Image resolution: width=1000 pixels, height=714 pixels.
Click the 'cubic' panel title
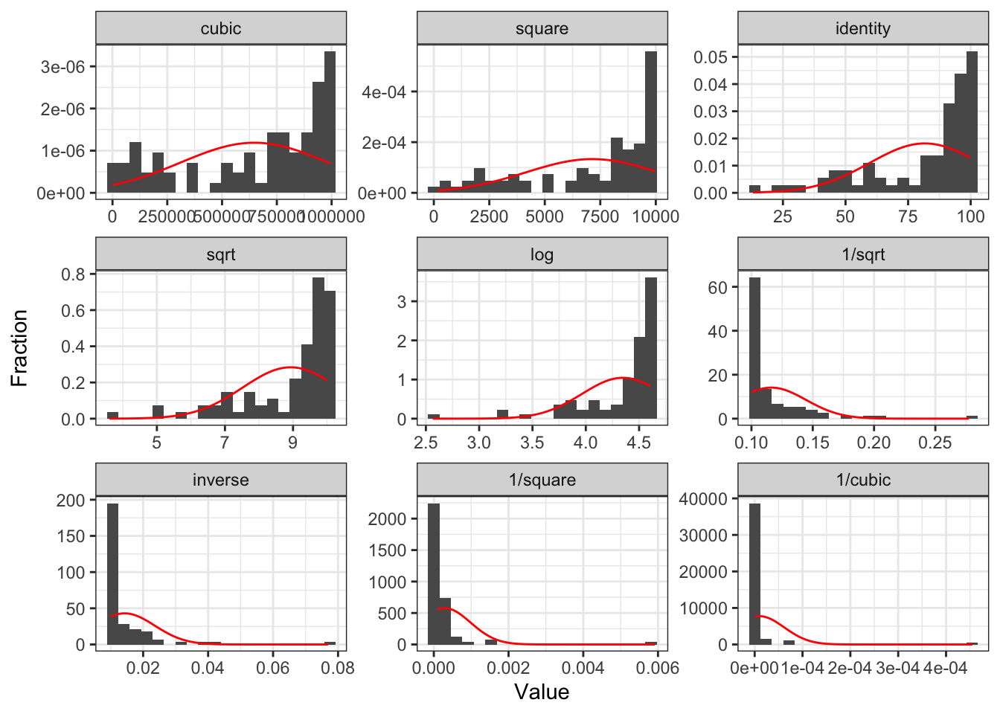[221, 29]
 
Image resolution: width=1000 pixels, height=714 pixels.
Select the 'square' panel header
[542, 29]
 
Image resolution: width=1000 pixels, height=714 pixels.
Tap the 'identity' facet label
[862, 29]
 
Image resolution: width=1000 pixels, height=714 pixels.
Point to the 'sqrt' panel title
[221, 254]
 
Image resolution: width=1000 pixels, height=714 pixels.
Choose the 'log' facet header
[542, 254]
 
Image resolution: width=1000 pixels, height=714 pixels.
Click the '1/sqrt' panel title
[862, 254]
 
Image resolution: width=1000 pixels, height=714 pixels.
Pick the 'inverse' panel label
[221, 480]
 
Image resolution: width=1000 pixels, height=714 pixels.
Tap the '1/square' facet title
[542, 480]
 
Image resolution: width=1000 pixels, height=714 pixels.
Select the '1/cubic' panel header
[862, 480]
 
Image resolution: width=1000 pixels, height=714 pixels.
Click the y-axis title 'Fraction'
[19, 348]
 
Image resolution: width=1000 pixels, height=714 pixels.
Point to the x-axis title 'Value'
[542, 692]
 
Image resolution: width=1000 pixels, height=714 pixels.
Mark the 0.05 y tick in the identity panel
[711, 57]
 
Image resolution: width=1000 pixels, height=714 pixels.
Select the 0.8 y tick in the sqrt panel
[73, 274]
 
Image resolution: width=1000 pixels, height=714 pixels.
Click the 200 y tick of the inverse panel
[71, 501]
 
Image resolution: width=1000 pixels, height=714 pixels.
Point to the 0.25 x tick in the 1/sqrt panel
[935, 443]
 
